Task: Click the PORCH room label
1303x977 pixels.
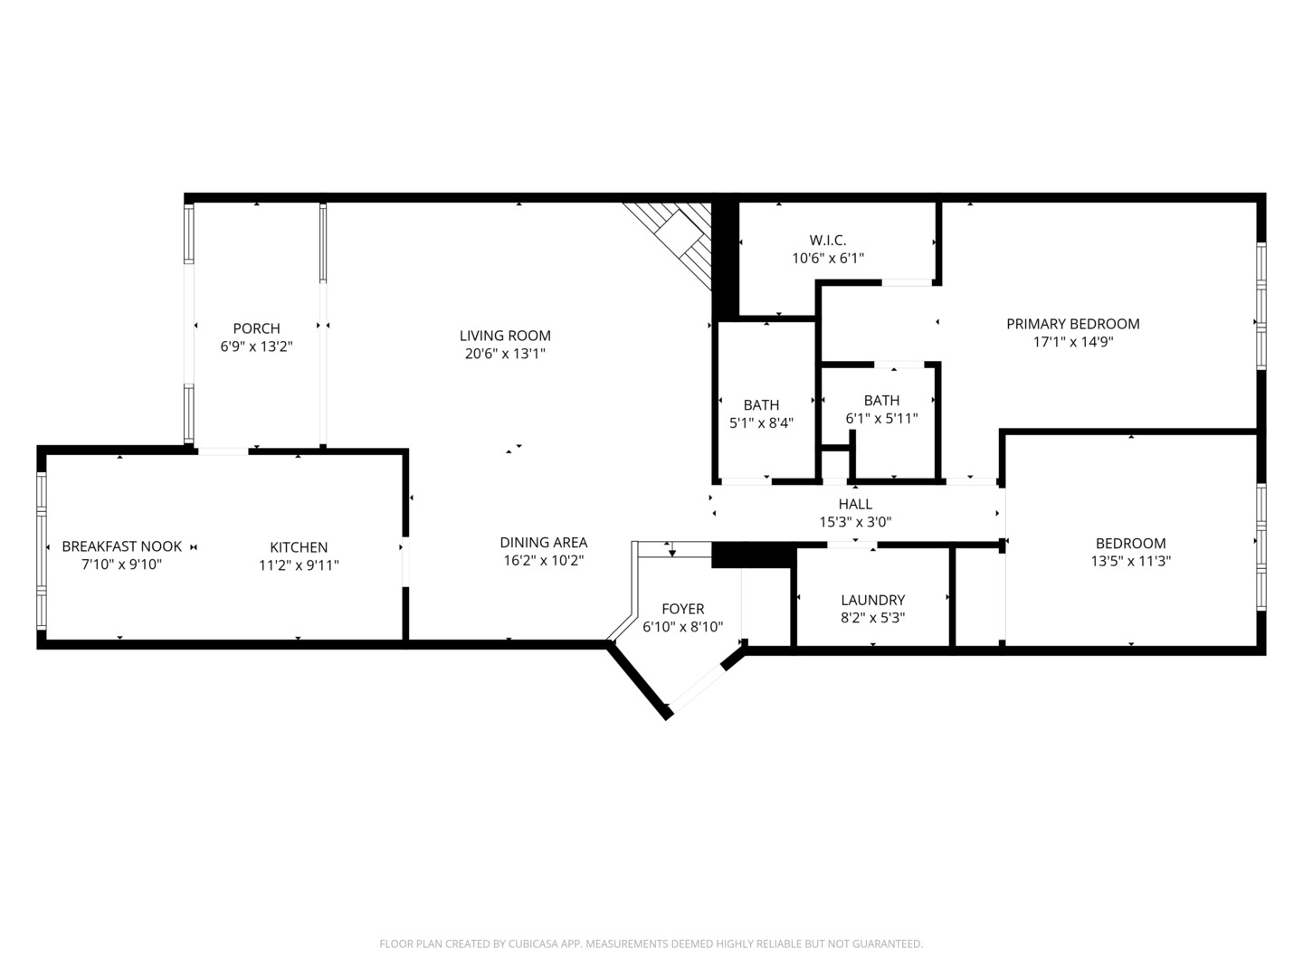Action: (x=256, y=328)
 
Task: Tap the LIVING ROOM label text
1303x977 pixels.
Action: (x=505, y=335)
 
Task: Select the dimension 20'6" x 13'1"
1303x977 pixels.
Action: (x=505, y=354)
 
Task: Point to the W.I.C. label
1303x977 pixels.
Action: (x=828, y=241)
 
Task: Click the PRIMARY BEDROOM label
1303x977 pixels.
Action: (x=1072, y=324)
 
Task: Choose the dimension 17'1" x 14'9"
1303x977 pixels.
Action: (x=1072, y=342)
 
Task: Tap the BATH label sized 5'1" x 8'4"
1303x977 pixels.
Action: (x=761, y=405)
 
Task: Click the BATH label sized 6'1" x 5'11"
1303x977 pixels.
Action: (x=881, y=401)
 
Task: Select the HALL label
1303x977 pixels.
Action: (x=855, y=504)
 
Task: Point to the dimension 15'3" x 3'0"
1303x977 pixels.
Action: (x=855, y=522)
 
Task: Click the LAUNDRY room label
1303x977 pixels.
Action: (x=872, y=600)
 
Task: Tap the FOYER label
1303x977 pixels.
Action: (x=682, y=609)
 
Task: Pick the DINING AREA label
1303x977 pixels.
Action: (x=544, y=542)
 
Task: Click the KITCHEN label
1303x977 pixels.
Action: (x=299, y=547)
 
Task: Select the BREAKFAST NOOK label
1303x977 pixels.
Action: (x=121, y=546)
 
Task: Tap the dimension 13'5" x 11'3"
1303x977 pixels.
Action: (x=1131, y=561)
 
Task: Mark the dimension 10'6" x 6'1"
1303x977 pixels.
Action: (x=828, y=258)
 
